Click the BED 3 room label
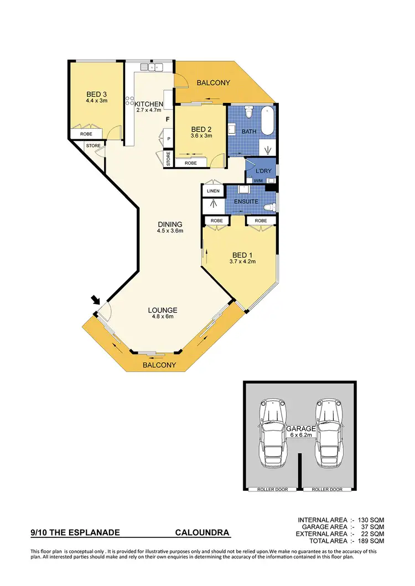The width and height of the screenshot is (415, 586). tap(96, 94)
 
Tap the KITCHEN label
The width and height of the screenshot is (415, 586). tap(149, 104)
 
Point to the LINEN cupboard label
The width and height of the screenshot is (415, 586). tap(213, 191)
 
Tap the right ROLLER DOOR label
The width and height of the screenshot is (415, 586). tap(328, 489)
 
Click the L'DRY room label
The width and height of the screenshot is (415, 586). tap(264, 171)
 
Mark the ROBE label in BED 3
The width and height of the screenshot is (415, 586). tap(86, 134)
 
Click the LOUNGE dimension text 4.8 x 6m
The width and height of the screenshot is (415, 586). tap(162, 317)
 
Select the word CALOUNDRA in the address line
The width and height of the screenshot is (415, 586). tap(202, 533)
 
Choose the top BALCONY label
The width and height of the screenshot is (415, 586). tap(213, 83)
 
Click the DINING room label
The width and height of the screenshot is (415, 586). tap(170, 224)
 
